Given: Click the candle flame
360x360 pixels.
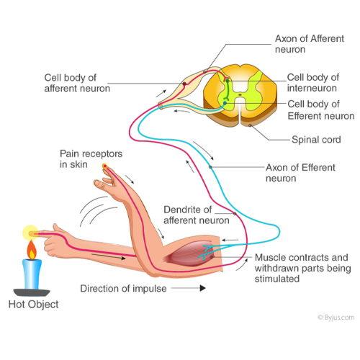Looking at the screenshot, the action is point(32,250).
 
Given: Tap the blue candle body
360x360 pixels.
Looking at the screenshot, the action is point(32,274).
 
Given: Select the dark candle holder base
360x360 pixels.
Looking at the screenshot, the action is point(32,293).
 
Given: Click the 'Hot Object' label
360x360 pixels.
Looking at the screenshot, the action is point(33,305).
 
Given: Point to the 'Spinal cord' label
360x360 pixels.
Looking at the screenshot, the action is point(316,140).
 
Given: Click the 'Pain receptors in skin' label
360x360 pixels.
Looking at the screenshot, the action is point(91,159).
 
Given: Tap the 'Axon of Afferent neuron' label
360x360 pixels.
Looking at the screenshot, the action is point(310,44).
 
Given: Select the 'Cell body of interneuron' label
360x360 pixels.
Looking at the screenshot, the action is point(313,83).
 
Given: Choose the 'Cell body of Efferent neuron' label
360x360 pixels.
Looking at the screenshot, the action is point(321,110).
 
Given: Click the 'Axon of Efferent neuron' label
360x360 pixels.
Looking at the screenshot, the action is point(300,173).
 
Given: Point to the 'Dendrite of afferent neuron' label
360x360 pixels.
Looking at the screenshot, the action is point(197,215).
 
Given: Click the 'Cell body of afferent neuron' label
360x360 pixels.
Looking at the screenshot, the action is point(77,83).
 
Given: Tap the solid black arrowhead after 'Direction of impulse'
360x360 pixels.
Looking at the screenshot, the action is point(203,288).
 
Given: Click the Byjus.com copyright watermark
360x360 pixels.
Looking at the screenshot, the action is point(336,318).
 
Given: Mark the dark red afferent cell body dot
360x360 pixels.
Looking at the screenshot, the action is point(184,84).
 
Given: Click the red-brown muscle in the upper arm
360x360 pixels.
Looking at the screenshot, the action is point(189,254).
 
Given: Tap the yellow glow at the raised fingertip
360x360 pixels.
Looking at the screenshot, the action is point(104,166).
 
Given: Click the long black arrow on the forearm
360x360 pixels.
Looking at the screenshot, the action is point(109,256).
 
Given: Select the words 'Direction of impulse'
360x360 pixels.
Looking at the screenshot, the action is point(123,289).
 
